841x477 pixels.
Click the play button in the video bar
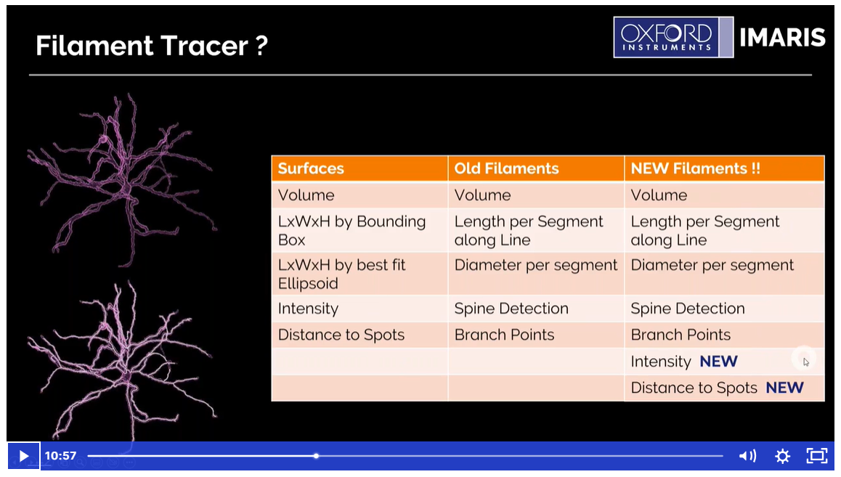[23, 456]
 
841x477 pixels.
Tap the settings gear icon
[783, 456]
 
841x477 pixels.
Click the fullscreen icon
[817, 455]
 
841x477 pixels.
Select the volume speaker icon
[747, 456]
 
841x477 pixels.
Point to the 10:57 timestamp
[60, 456]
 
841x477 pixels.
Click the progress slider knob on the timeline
[317, 456]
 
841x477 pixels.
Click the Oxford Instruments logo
[673, 37]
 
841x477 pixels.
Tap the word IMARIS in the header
[782, 38]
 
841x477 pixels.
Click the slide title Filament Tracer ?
[151, 46]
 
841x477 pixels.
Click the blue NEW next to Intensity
[719, 362]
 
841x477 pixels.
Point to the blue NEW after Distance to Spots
[784, 388]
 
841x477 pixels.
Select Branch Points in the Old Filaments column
[504, 335]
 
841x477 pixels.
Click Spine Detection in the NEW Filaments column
[688, 309]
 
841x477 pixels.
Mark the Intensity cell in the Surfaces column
[308, 309]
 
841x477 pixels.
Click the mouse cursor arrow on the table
[806, 362]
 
